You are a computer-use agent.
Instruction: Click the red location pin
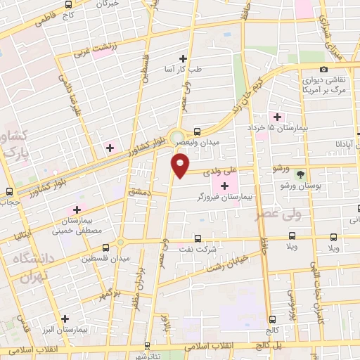(x=180, y=165)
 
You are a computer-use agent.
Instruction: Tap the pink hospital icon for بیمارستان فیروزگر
(x=225, y=186)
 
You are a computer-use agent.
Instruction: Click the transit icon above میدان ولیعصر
(x=198, y=131)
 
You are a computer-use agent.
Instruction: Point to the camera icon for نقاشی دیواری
(x=323, y=69)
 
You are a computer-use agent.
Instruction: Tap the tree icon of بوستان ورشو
(x=302, y=174)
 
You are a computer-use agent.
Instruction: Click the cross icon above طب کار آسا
(x=184, y=58)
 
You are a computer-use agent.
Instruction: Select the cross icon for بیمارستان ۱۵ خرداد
(x=277, y=117)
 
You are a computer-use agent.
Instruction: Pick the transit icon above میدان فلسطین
(x=106, y=247)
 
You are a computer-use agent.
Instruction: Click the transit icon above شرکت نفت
(x=198, y=238)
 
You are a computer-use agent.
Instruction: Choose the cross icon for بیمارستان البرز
(x=65, y=317)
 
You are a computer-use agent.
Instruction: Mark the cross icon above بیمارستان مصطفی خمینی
(x=77, y=210)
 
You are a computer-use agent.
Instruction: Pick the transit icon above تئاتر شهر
(x=147, y=345)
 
